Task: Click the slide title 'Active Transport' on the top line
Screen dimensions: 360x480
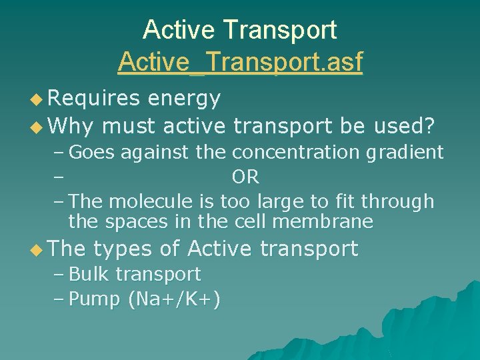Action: point(240,30)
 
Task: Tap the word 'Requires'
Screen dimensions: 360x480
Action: point(94,99)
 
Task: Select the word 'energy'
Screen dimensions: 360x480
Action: point(184,99)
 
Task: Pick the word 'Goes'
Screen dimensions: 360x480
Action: point(92,153)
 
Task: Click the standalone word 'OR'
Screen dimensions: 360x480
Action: point(245,177)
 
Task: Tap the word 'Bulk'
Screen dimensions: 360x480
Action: point(91,274)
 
